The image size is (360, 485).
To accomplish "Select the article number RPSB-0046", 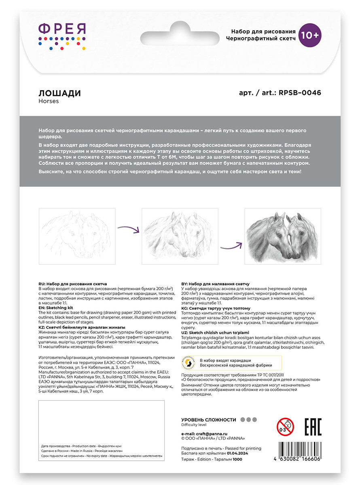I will tap(299, 93).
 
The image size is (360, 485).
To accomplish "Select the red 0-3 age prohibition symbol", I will tap(285, 427).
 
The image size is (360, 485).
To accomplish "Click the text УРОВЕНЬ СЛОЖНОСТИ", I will tap(208, 420).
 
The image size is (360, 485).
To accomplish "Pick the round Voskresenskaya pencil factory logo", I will tap(189, 363).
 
